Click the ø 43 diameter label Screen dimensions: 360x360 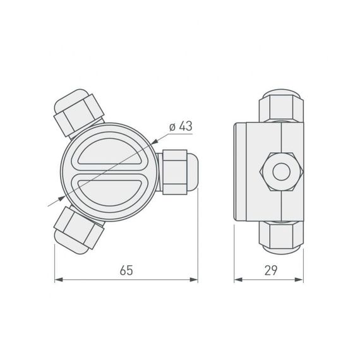[x=181, y=126]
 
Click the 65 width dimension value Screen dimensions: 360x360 [x=126, y=270]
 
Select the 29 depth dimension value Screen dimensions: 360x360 [x=271, y=270]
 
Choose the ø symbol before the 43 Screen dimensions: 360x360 [x=172, y=126]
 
